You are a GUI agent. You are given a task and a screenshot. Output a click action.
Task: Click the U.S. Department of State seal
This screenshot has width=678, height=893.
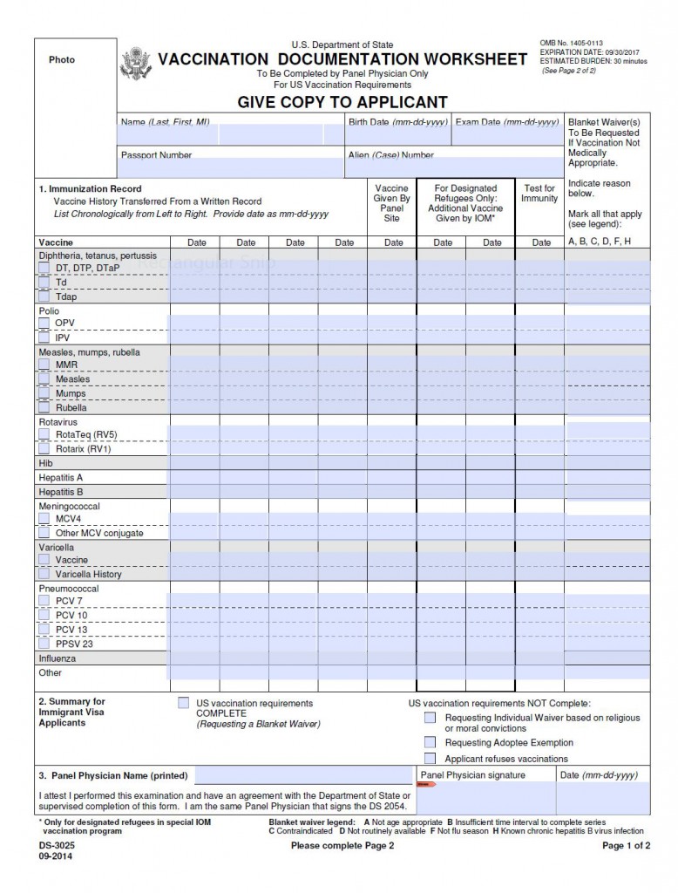tap(136, 64)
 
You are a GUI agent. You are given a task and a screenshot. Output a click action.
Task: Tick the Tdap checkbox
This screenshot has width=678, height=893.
tap(44, 297)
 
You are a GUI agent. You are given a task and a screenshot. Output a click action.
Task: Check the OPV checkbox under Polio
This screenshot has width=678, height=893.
tap(44, 323)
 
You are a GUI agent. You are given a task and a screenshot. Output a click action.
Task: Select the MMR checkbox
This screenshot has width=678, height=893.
tap(44, 365)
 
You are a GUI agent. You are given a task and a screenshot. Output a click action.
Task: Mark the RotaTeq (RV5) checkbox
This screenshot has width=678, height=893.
tap(44, 434)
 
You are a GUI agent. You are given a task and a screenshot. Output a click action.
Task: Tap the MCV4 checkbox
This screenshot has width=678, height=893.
tap(44, 518)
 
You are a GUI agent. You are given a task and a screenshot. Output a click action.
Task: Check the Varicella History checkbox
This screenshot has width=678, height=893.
tap(44, 574)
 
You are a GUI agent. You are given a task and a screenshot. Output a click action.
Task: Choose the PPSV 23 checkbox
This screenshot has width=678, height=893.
tap(44, 644)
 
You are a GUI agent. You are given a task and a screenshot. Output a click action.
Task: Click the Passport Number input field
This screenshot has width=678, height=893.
tap(231, 167)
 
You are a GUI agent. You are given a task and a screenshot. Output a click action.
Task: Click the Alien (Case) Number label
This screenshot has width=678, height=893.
tap(390, 155)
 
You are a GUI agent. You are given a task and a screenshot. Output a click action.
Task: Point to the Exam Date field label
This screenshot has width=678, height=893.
tap(506, 122)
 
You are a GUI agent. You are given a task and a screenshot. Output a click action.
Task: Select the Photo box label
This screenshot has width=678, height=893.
tap(62, 60)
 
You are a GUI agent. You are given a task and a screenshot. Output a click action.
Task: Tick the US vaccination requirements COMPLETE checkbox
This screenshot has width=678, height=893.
tap(184, 703)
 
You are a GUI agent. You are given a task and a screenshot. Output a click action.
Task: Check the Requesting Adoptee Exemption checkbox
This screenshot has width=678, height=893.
tap(430, 742)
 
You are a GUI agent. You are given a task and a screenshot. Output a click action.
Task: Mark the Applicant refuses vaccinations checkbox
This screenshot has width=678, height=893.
tap(430, 758)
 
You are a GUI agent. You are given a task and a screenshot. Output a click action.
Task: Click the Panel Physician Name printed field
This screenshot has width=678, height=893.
tap(303, 775)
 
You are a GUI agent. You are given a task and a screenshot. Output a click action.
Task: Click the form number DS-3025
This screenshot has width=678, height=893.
tap(56, 846)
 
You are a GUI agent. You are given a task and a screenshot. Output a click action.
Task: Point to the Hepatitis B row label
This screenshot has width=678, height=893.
tap(61, 492)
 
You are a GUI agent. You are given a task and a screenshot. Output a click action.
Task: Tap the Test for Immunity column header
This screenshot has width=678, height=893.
tap(539, 194)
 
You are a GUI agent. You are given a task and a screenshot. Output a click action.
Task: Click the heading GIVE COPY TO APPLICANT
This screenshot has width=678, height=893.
tap(342, 102)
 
